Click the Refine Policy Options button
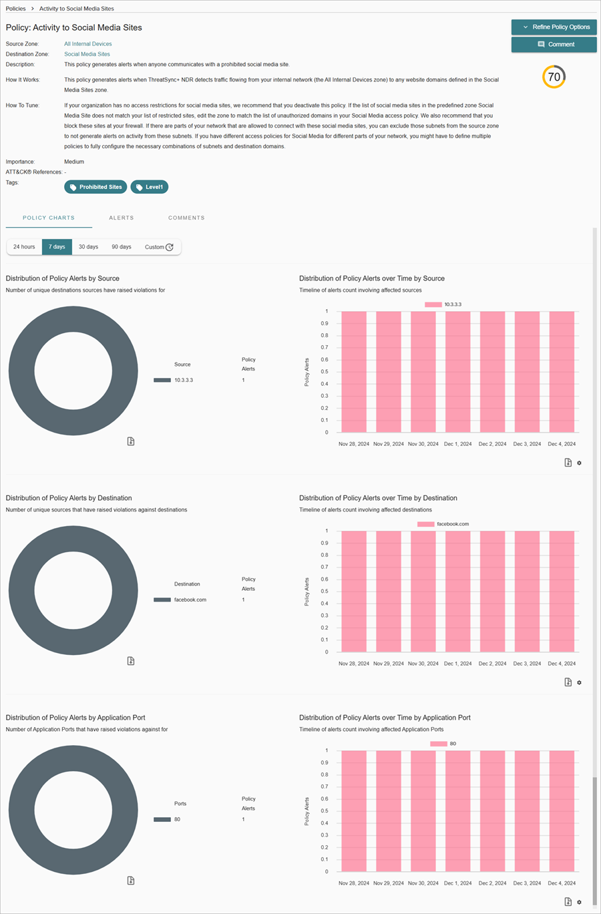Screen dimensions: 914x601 point(554,27)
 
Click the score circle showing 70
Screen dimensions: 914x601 point(554,77)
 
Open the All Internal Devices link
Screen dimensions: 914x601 point(87,44)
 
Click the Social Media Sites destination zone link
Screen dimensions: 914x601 point(87,54)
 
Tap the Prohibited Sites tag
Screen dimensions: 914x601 point(95,187)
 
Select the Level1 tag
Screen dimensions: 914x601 point(149,187)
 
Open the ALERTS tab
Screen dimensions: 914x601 point(121,218)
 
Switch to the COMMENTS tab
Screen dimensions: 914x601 point(186,218)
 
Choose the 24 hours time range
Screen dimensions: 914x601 point(24,247)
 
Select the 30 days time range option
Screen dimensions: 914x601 point(88,247)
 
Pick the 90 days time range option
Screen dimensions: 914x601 point(121,247)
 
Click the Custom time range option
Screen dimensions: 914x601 point(159,247)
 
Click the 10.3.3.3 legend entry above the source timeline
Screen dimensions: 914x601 point(443,304)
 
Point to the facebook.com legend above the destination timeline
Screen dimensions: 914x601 point(443,524)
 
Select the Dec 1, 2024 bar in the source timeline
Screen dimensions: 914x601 point(458,372)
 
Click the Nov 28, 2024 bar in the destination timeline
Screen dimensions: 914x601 point(354,592)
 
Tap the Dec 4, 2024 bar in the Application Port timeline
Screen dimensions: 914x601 point(562,811)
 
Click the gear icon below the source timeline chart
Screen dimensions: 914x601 point(579,463)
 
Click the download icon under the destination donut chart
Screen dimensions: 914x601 point(131,661)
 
